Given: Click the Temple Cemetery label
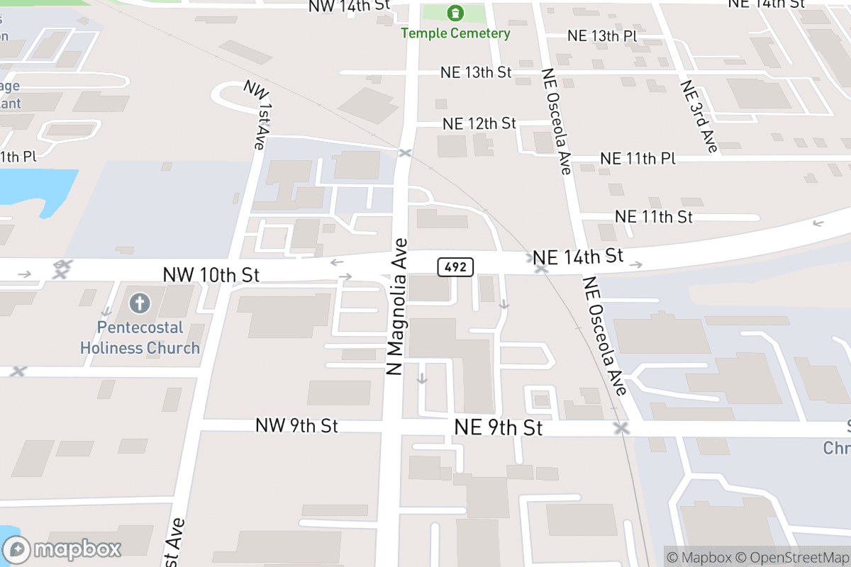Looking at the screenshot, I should [x=455, y=33].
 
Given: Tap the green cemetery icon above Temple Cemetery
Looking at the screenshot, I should [x=455, y=13].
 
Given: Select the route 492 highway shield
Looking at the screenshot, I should [x=455, y=266].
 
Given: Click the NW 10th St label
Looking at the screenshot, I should [x=211, y=274].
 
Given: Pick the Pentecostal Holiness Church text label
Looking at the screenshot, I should [x=140, y=338].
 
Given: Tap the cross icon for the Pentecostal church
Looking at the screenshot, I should [x=140, y=304].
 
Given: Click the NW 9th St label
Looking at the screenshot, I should [x=296, y=425].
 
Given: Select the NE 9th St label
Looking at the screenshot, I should [x=498, y=427].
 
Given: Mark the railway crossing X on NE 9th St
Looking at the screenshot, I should [x=622, y=428].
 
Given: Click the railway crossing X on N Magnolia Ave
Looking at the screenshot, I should [x=405, y=153].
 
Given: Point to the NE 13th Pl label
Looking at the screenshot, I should [x=604, y=36].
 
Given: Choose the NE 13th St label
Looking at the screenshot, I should [x=476, y=72].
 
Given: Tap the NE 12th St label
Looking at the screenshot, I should [x=479, y=123].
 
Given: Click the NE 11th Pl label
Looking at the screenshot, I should [x=638, y=158].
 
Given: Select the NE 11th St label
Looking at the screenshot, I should [x=653, y=216].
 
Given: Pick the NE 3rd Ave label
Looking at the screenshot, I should [x=699, y=116].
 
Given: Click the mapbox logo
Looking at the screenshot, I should [x=62, y=548].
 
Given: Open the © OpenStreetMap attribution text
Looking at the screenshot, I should [x=793, y=557].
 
